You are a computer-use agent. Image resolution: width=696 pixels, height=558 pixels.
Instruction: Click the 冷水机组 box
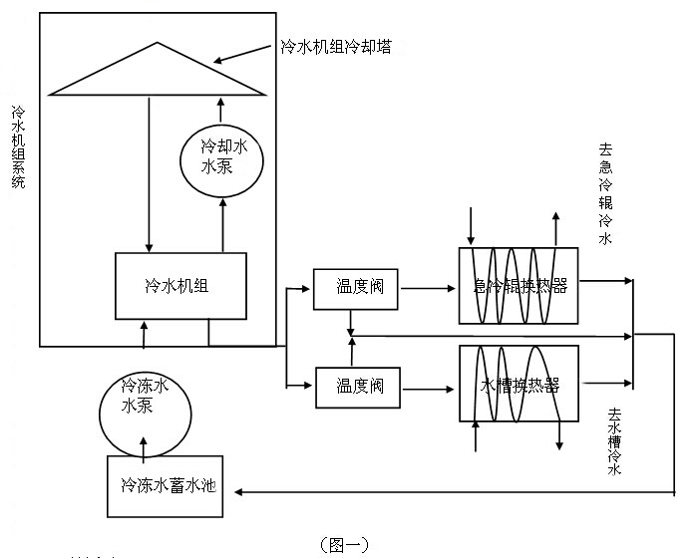180,285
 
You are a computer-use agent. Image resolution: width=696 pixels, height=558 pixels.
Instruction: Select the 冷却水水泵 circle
223,158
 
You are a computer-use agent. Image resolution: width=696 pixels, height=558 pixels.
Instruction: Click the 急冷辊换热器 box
519,285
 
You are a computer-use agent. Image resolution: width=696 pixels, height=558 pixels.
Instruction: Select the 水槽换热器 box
519,386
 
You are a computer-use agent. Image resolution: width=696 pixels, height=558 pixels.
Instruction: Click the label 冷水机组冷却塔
334,47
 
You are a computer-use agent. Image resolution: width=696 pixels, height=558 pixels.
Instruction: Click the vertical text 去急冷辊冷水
604,194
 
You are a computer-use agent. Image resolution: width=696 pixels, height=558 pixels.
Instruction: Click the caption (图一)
344,544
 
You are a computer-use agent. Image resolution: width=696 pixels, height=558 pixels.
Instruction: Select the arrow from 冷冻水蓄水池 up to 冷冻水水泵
147,450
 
